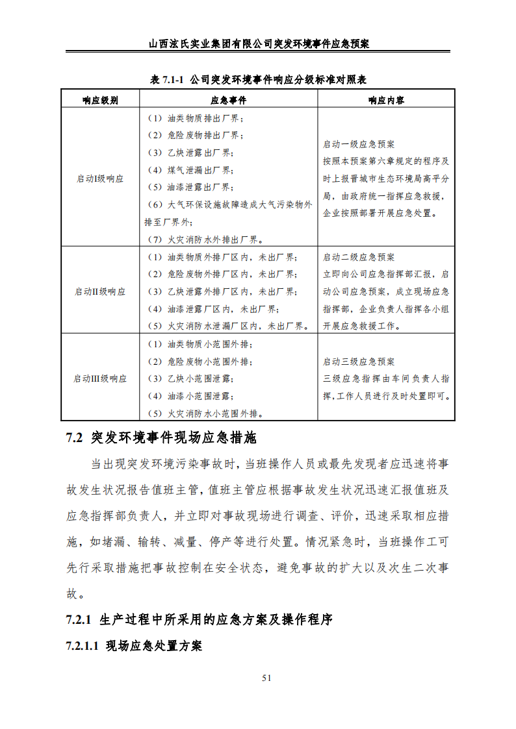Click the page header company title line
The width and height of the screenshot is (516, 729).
click(x=258, y=44)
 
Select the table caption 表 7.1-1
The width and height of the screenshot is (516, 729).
click(x=258, y=80)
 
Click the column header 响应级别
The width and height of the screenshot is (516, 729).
click(x=100, y=100)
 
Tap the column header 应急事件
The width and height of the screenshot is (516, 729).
click(x=228, y=100)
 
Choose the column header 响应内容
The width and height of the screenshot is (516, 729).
click(x=386, y=100)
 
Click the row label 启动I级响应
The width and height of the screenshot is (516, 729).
click(x=100, y=179)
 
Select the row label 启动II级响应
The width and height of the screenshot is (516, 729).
click(x=100, y=291)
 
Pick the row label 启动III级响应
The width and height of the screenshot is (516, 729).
click(x=100, y=378)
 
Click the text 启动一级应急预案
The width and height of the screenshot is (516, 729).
click(x=359, y=144)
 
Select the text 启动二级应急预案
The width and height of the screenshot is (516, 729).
click(x=359, y=257)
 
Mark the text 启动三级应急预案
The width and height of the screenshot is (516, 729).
click(x=359, y=362)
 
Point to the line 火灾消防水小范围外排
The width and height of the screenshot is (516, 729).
click(x=209, y=413)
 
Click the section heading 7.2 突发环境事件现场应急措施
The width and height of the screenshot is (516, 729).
click(x=162, y=438)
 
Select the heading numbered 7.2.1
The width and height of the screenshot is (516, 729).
click(x=199, y=620)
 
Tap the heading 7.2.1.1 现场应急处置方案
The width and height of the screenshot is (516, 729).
click(x=134, y=646)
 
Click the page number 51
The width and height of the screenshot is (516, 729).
click(x=266, y=678)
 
